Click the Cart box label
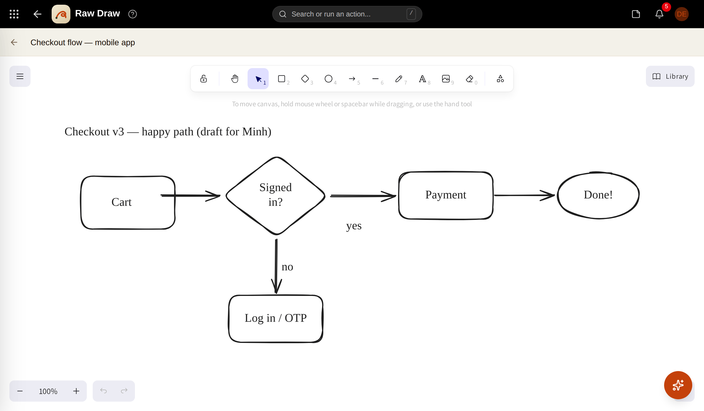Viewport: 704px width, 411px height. pyautogui.click(x=121, y=202)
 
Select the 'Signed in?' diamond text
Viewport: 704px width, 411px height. pyautogui.click(x=276, y=195)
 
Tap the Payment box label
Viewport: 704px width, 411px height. pyautogui.click(x=446, y=195)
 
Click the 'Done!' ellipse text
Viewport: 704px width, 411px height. pyautogui.click(x=598, y=195)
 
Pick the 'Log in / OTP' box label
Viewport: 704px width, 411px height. pyautogui.click(x=276, y=318)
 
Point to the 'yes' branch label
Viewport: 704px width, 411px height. pyautogui.click(x=354, y=226)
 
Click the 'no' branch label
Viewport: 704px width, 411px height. pyautogui.click(x=287, y=267)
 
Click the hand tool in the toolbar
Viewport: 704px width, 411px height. pyautogui.click(x=235, y=79)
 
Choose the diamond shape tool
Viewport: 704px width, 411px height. pyautogui.click(x=305, y=79)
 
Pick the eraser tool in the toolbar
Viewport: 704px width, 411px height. pyautogui.click(x=469, y=79)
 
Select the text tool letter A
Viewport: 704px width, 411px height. pyautogui.click(x=422, y=79)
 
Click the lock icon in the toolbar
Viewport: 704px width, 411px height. pyautogui.click(x=204, y=79)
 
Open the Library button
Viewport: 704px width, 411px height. pyautogui.click(x=670, y=76)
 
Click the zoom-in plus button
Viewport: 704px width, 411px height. pyautogui.click(x=76, y=391)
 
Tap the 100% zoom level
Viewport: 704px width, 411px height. pyautogui.click(x=48, y=391)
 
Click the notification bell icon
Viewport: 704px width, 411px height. pyautogui.click(x=659, y=14)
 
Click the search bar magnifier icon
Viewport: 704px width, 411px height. pyautogui.click(x=282, y=14)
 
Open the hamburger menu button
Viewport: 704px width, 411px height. pyautogui.click(x=20, y=76)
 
